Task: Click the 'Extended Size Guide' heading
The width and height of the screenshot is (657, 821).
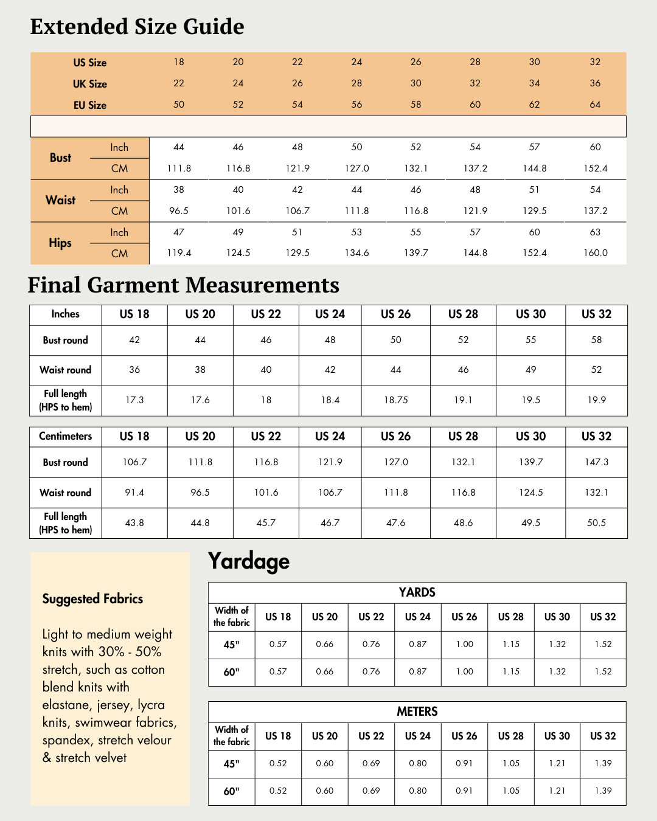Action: (x=137, y=27)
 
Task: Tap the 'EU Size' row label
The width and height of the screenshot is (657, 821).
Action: (x=89, y=105)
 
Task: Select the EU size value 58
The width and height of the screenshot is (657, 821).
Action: (x=415, y=105)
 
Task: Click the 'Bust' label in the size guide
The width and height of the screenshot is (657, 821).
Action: (x=60, y=158)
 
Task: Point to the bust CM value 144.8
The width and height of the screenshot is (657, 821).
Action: (x=534, y=168)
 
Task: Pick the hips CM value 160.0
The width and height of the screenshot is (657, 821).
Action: (x=595, y=253)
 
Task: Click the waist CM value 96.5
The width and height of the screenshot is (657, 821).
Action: (x=179, y=211)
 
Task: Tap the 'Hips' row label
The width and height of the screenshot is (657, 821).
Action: (x=60, y=243)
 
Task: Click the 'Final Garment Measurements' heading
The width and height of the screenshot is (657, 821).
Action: (x=183, y=285)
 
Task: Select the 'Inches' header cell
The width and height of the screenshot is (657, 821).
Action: (x=65, y=314)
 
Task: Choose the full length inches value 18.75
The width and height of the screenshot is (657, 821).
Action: (x=395, y=400)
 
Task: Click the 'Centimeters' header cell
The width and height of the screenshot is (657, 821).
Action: (x=65, y=436)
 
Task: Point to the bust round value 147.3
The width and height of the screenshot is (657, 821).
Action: (x=596, y=462)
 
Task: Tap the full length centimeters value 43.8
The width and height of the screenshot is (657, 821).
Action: (x=134, y=523)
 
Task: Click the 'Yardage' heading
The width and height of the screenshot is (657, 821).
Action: (x=248, y=561)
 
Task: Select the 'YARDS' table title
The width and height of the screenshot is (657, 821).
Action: (x=417, y=592)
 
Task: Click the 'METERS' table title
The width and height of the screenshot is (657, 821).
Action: (x=417, y=712)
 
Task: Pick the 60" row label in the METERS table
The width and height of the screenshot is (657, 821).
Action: (x=231, y=791)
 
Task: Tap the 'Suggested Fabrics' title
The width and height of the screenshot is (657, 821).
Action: (x=92, y=599)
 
